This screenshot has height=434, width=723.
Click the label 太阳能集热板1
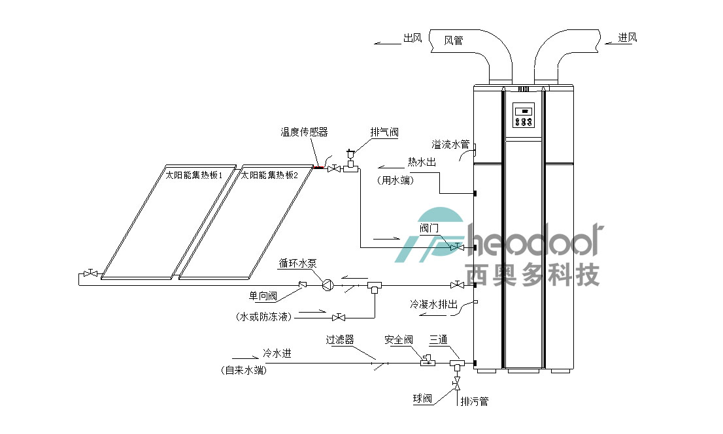pos(194,175)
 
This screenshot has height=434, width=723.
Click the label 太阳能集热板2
pos(269,175)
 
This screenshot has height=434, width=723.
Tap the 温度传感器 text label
pos(304,132)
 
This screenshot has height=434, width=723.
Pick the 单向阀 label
pos(263,296)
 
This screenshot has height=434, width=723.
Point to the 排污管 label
pos(474,401)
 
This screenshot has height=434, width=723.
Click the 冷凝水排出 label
pos(433,304)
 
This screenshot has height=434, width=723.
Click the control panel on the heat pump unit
pos(524,116)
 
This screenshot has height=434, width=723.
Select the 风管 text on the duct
pos(454,40)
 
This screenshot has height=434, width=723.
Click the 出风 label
pos(412,38)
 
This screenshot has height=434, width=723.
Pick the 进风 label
pos(628,38)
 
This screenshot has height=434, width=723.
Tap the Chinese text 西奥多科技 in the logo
pos(530,275)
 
